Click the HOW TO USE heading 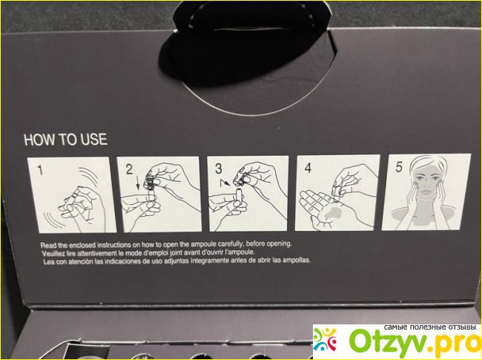pyautogui.click(x=65, y=140)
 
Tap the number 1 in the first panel pyautogui.click(x=40, y=170)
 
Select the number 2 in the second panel pyautogui.click(x=129, y=169)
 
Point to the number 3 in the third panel pyautogui.click(x=219, y=168)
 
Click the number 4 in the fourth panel pyautogui.click(x=308, y=168)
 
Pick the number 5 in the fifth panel pyautogui.click(x=399, y=167)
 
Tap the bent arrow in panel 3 pyautogui.click(x=224, y=183)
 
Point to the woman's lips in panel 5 pyautogui.click(x=426, y=192)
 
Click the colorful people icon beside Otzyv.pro pyautogui.click(x=325, y=340)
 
